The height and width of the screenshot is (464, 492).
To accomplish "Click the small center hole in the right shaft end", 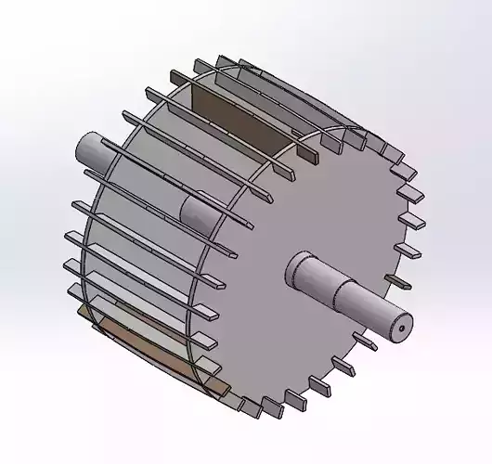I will pos(400,325).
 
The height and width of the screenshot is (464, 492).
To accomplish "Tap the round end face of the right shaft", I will pos(397,324).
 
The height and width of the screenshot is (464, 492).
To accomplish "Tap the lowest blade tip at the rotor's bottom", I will pos(251,407).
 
